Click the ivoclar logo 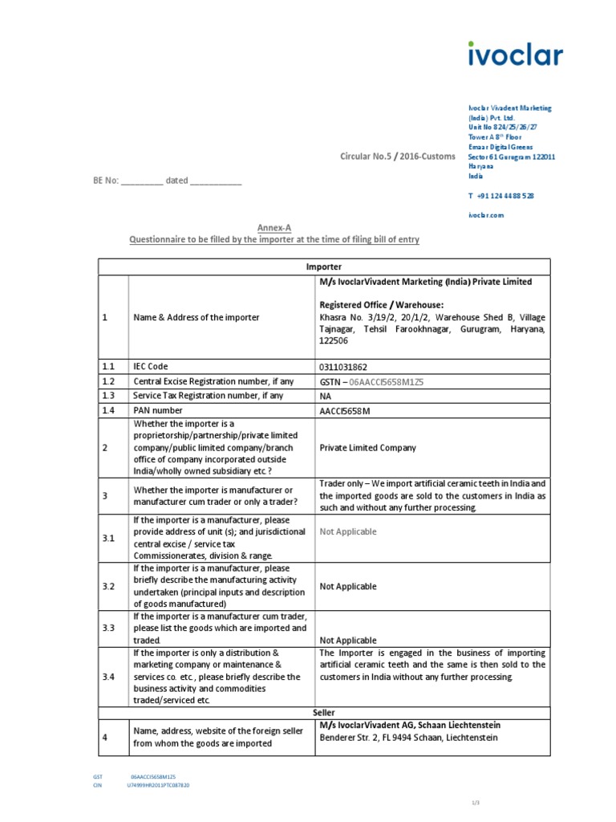point(515,54)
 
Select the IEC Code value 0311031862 point(343,367)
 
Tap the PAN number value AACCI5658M point(345,411)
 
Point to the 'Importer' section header point(323,267)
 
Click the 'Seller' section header point(323,712)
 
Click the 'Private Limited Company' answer point(367,448)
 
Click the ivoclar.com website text point(486,215)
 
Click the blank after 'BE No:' point(142,181)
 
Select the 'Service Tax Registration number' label point(208,396)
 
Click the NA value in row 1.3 point(326,397)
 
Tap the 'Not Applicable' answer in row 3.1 point(347,531)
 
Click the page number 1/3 point(474,804)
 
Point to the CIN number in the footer point(158,785)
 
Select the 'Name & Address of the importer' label point(196,317)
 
